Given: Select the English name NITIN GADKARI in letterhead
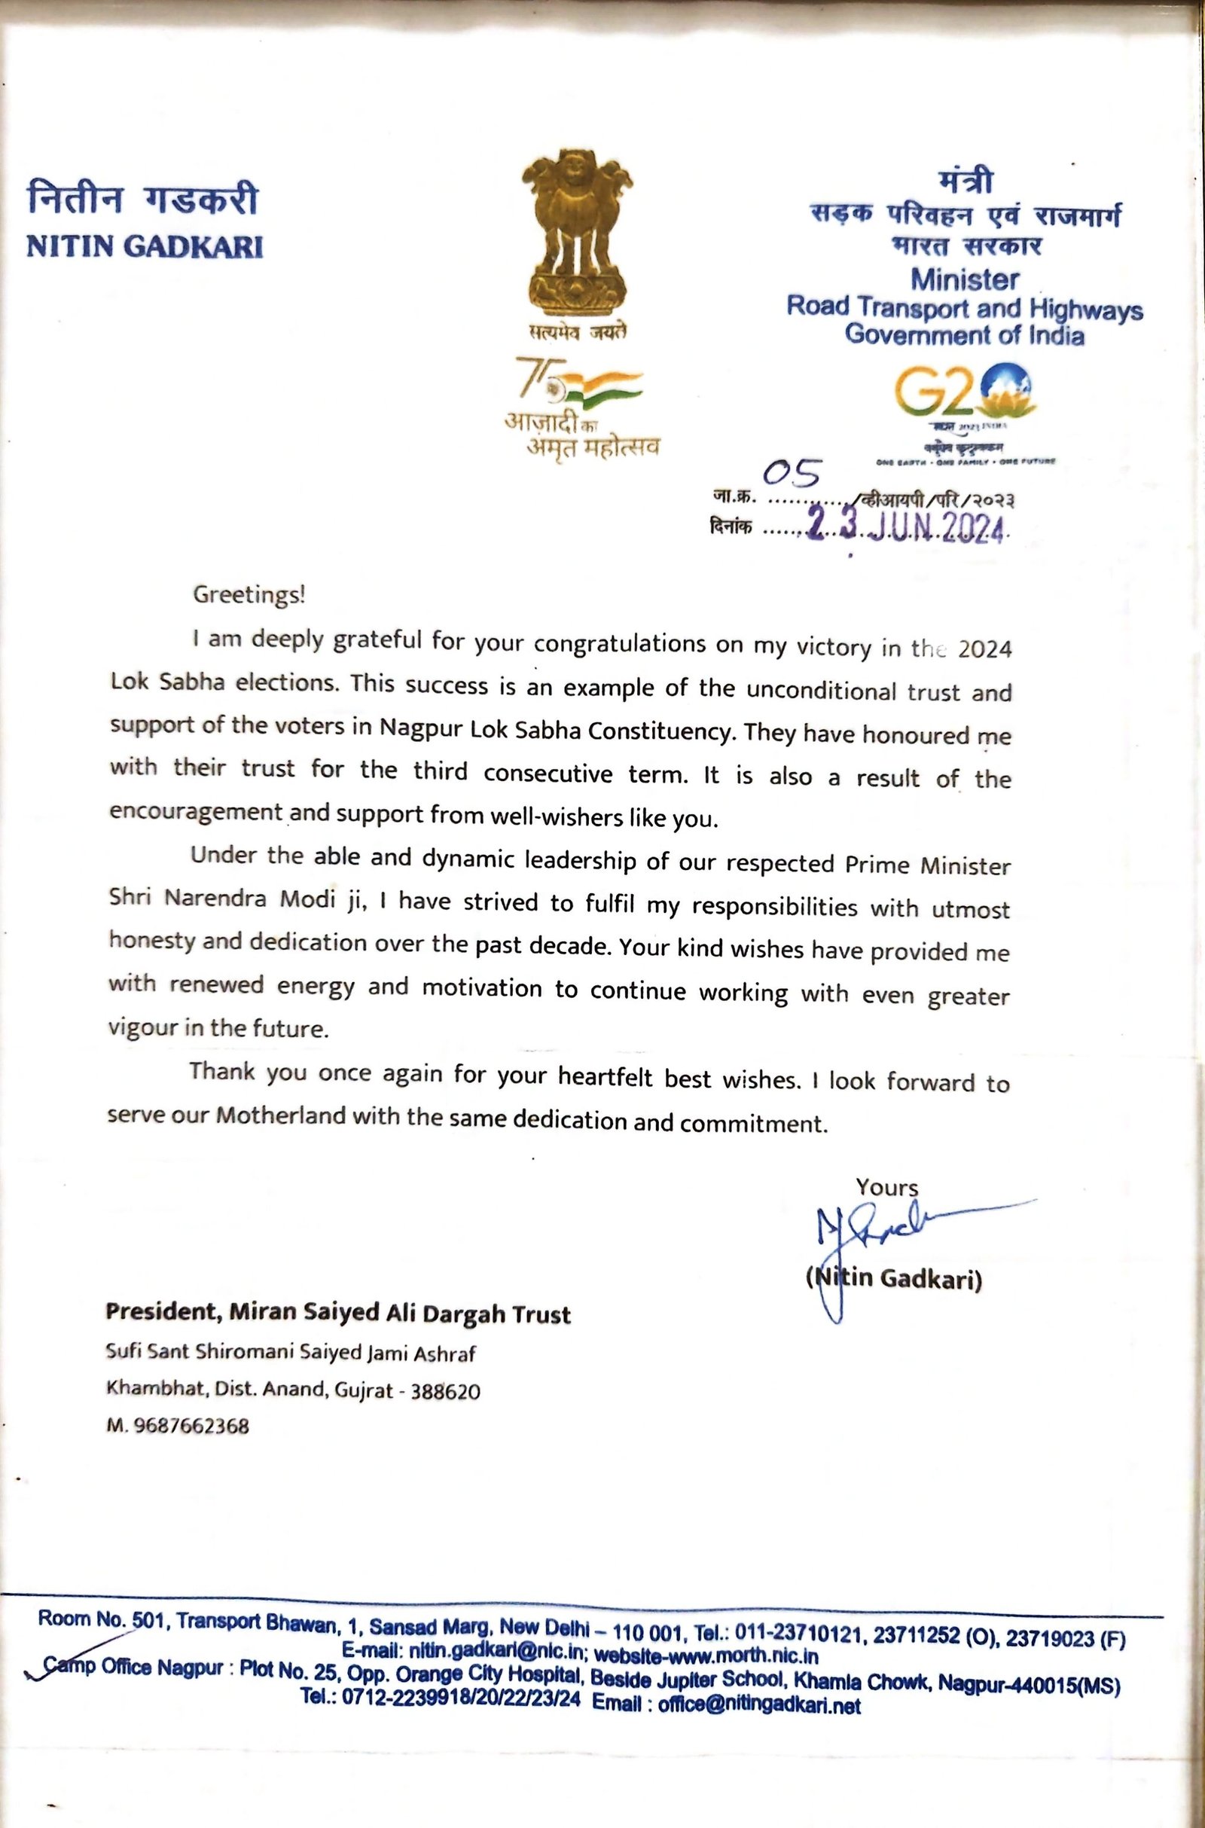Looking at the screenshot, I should (x=145, y=246).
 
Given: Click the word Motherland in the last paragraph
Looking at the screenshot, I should (x=280, y=1115).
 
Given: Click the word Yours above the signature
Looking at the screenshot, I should (x=887, y=1187).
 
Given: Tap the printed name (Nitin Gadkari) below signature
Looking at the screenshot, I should (x=894, y=1279).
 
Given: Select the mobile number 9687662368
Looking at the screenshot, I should (x=191, y=1426).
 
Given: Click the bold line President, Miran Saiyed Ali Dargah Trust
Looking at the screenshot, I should (x=337, y=1312).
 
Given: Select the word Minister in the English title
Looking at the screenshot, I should (x=965, y=279).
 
